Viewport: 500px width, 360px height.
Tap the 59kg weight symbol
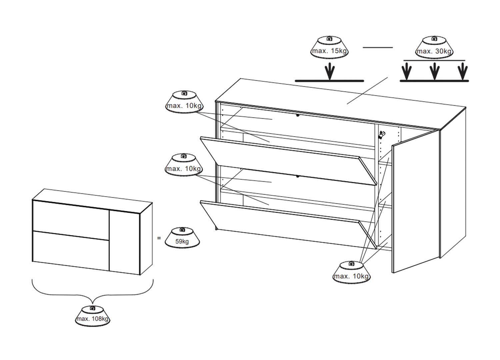(x=182, y=238)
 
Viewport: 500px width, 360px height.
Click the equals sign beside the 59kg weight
(x=159, y=238)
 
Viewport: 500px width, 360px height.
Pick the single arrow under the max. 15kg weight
(x=330, y=71)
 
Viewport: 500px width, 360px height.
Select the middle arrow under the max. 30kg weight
(x=434, y=71)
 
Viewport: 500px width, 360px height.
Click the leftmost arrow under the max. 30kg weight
(x=406, y=71)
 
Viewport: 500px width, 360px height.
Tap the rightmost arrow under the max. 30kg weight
(x=463, y=71)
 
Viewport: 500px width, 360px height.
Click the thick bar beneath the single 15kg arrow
(x=329, y=81)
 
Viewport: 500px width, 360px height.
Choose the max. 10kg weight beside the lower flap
(x=184, y=165)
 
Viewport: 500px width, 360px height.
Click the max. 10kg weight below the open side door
(x=352, y=272)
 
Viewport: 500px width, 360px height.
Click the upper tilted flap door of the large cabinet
(x=288, y=161)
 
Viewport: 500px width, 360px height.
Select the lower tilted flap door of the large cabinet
(x=288, y=225)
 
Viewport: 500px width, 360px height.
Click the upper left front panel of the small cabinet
(x=71, y=220)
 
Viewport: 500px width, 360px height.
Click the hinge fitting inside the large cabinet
(x=381, y=135)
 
